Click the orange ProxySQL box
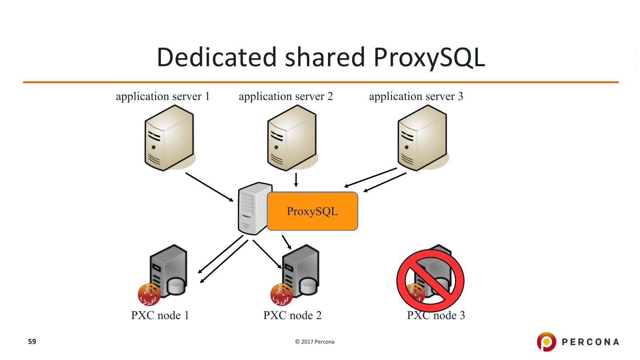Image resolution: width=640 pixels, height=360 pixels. tap(312, 211)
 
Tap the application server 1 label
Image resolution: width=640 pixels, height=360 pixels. tap(163, 96)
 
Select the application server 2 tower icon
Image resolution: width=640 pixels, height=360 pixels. tap(291, 137)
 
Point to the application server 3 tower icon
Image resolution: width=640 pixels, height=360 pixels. tap(421, 137)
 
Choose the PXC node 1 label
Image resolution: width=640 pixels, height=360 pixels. tap(160, 316)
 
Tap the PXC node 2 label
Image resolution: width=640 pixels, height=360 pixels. tap(292, 316)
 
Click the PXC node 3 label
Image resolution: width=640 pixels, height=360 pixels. tap(436, 316)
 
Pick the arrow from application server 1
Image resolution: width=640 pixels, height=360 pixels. tap(209, 187)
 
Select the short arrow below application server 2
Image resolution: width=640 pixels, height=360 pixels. tap(296, 180)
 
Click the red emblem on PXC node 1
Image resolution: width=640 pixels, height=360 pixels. tap(149, 294)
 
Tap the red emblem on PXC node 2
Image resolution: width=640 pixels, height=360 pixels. tap(281, 294)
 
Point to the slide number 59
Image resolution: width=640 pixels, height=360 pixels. tap(32, 342)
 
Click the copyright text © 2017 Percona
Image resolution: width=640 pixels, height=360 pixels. tap(315, 342)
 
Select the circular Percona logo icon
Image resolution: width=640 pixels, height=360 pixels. tap(546, 342)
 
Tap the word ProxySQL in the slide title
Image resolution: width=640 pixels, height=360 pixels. tap(429, 58)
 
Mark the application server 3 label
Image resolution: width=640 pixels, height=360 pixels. tap(416, 96)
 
